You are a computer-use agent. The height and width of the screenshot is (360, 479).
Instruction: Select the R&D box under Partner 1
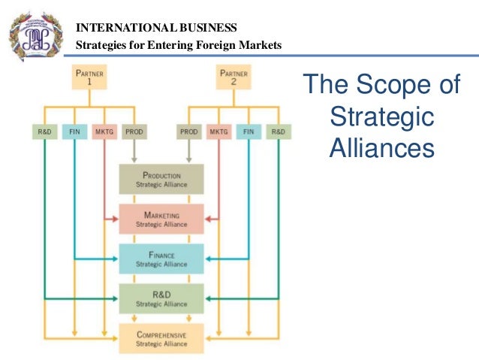click(44, 132)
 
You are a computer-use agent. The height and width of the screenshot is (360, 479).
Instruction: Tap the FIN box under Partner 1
click(74, 132)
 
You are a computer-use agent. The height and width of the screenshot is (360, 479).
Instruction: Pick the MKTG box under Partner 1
click(103, 132)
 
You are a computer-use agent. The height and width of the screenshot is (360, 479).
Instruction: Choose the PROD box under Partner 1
click(133, 132)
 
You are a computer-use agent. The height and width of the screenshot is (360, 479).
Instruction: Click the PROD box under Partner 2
click(188, 132)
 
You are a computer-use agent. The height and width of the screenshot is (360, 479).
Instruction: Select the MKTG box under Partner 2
click(218, 132)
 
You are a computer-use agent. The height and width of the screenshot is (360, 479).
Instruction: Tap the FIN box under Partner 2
click(249, 132)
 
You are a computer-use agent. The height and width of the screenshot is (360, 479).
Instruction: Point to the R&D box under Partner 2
click(278, 132)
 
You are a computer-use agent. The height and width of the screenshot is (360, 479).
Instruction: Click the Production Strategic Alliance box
click(161, 179)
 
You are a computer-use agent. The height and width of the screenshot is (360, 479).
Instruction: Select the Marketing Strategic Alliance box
click(161, 219)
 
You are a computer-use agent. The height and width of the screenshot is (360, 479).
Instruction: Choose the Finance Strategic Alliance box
click(161, 259)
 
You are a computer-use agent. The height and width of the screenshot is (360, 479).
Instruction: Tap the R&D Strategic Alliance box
click(161, 298)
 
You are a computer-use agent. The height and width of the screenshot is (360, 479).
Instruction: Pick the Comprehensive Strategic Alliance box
click(161, 338)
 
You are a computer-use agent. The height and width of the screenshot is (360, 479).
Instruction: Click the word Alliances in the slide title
click(381, 147)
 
